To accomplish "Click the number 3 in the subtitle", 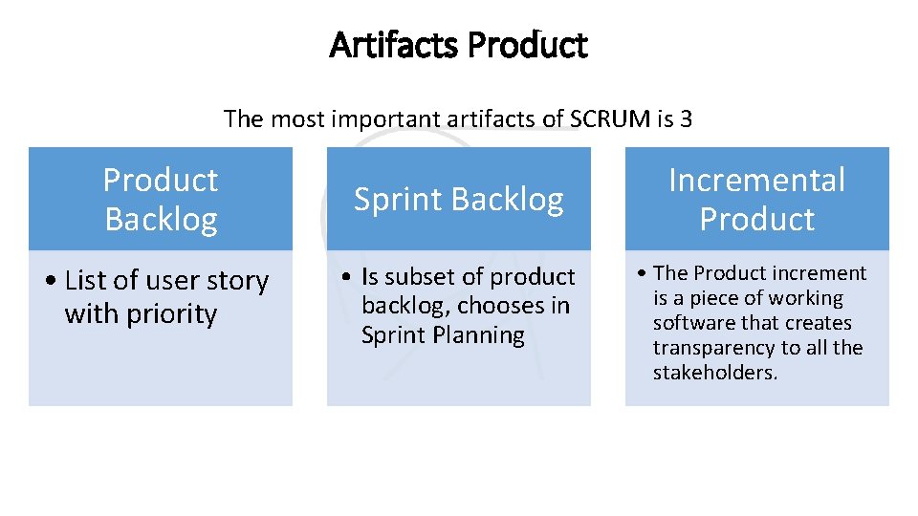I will click(x=686, y=119).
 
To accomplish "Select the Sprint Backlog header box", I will click(x=459, y=199).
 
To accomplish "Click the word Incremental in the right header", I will click(x=756, y=180).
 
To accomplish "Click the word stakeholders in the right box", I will click(x=714, y=373).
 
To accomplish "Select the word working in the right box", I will click(x=807, y=298).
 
